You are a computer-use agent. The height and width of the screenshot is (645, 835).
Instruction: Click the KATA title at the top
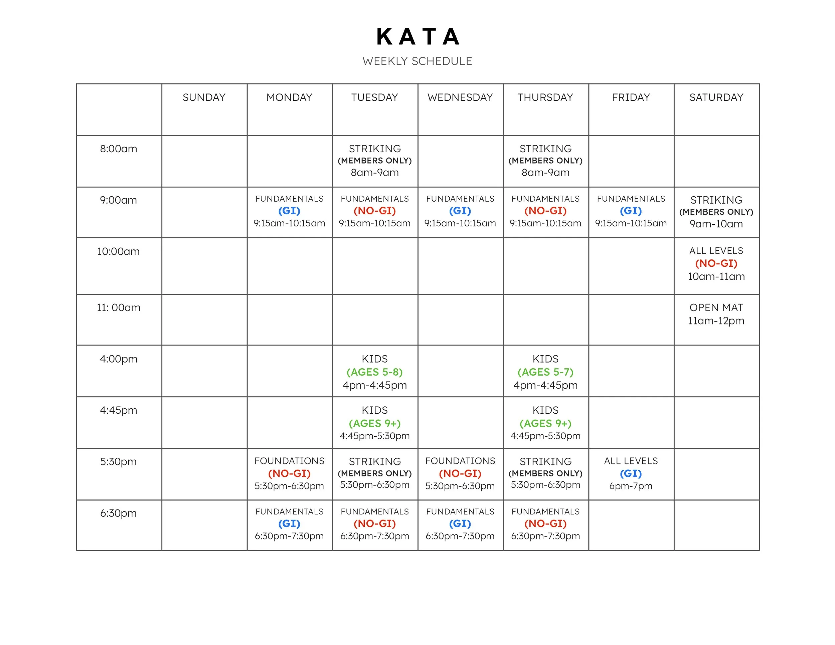417,37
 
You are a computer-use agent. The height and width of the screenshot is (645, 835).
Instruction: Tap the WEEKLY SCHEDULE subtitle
417,61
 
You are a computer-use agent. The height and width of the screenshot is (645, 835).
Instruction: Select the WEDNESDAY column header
460,97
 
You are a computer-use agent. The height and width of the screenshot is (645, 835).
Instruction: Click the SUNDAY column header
204,97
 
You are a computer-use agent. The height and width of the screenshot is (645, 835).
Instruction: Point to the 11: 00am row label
119,307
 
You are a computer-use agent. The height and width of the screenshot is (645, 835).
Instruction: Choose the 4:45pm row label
119,410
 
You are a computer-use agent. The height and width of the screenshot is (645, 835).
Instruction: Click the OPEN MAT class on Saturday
716,307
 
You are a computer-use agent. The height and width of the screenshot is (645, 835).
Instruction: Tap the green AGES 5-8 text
375,372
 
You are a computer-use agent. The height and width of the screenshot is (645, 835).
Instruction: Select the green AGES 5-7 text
545,372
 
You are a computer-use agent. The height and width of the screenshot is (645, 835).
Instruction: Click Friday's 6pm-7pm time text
631,486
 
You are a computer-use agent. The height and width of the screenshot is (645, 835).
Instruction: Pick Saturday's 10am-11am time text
716,276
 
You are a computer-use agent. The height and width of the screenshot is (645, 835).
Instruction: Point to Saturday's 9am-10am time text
716,224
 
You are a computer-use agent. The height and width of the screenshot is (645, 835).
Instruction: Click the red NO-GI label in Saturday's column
716,263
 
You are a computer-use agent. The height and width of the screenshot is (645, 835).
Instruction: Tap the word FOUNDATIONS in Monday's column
290,461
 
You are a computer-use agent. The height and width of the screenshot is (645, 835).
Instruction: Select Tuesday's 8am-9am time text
375,173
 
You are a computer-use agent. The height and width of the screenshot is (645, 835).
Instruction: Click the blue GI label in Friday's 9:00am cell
631,211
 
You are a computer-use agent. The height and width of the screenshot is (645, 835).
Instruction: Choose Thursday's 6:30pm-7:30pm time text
545,536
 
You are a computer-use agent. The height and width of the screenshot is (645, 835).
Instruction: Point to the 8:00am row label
119,149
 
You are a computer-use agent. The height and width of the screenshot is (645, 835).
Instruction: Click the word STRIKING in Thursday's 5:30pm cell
545,461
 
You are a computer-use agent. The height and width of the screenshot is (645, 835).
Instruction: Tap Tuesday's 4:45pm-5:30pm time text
375,436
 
